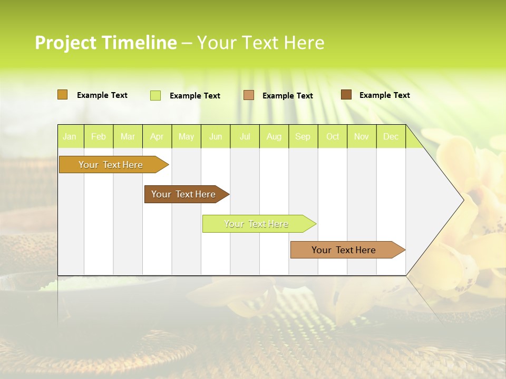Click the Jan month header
pos(70,137)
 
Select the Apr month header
pos(157,137)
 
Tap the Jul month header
pos(245,137)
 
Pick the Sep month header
pos(303,137)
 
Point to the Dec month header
pos(391,137)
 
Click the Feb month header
pos(98,137)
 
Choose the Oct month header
pos(333,137)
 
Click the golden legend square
pos(63,95)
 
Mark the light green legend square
pos(155,95)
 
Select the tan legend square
pos(249,95)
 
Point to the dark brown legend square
pos(346,95)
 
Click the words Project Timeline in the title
pos(105,43)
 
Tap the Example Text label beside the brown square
pos(384,95)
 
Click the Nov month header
pos(361,137)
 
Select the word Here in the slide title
pos(304,43)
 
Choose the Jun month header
pos(215,137)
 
